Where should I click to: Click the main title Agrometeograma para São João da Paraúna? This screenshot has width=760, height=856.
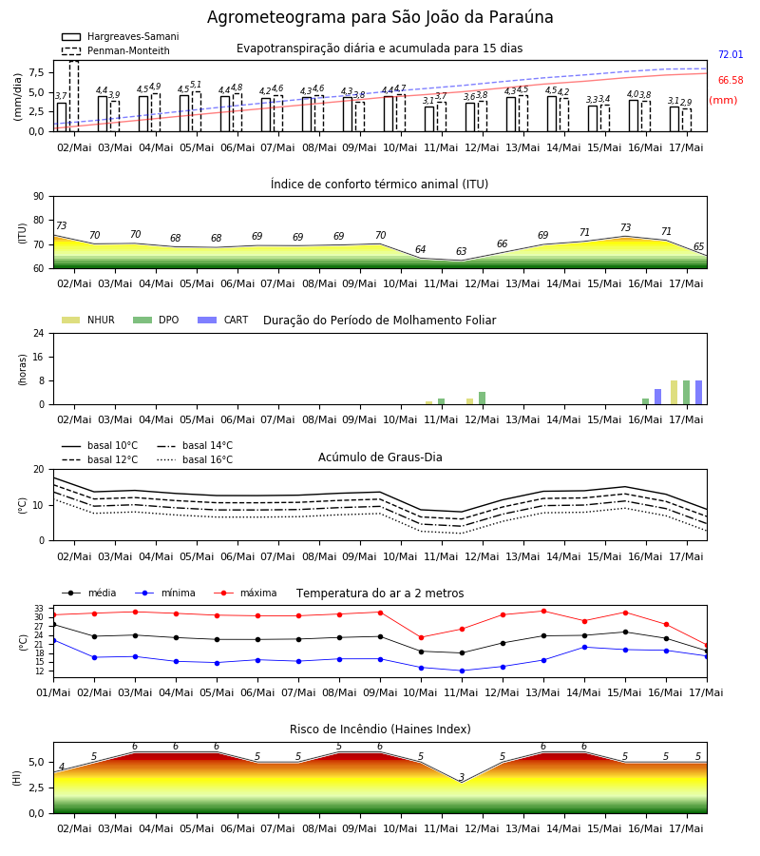pyautogui.click(x=380, y=17)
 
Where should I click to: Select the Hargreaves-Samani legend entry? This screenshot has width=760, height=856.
pyautogui.click(x=121, y=36)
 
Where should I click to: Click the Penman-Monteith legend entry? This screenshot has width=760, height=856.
pyautogui.click(x=116, y=50)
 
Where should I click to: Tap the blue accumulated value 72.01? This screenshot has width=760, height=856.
pyautogui.click(x=731, y=54)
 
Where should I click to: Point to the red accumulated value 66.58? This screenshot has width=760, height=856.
pyautogui.click(x=731, y=80)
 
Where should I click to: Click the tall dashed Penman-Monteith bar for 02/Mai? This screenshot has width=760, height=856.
pyautogui.click(x=74, y=96)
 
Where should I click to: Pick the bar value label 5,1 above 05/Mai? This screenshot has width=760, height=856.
pyautogui.click(x=196, y=85)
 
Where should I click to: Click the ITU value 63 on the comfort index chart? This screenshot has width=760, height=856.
pyautogui.click(x=462, y=251)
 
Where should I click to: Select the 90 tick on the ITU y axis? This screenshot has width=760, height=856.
pyautogui.click(x=39, y=197)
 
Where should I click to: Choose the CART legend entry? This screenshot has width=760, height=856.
pyautogui.click(x=223, y=320)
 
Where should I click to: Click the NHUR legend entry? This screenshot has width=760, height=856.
pyautogui.click(x=88, y=320)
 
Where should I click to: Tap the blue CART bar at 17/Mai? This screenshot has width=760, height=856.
pyautogui.click(x=699, y=393)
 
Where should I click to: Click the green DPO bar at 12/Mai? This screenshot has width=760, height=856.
pyautogui.click(x=482, y=398)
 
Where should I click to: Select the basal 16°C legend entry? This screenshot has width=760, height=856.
pyautogui.click(x=195, y=459)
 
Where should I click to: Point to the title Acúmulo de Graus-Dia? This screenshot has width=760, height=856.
pyautogui.click(x=380, y=457)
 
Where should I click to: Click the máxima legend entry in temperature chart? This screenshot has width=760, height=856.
pyautogui.click(x=245, y=593)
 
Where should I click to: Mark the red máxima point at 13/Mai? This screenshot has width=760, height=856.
pyautogui.click(x=543, y=611)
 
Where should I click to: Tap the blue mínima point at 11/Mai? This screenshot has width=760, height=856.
pyautogui.click(x=462, y=671)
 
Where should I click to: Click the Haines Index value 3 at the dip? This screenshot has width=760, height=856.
pyautogui.click(x=462, y=777)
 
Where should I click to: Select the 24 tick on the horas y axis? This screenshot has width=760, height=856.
pyautogui.click(x=39, y=333)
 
